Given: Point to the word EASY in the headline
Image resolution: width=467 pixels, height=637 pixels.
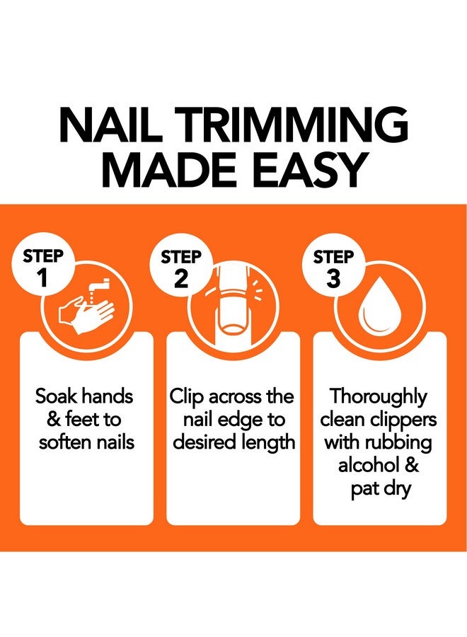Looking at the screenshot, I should [316, 171].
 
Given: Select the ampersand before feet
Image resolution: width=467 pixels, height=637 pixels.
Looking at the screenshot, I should [54, 420].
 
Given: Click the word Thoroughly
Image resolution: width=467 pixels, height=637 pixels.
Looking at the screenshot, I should [379, 396].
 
